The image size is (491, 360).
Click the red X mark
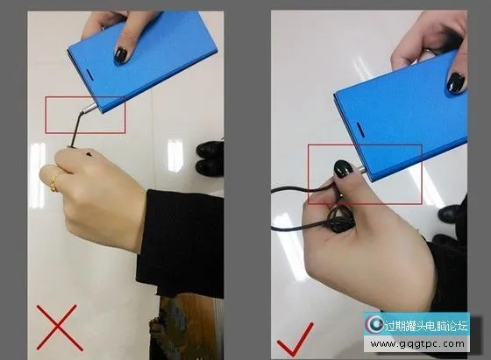pos(60,328)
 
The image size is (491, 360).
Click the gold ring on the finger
pos(54,181)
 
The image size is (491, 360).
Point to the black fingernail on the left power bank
pos(120,54)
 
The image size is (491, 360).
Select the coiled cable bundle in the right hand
pos(340,221)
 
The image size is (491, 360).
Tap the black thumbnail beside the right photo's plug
pos(343,170)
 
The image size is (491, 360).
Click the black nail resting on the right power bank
pos(456,82)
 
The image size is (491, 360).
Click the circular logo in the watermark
pos(374,324)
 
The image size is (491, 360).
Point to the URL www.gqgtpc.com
pos(417,344)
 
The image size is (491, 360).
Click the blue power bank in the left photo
pos(142,60)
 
